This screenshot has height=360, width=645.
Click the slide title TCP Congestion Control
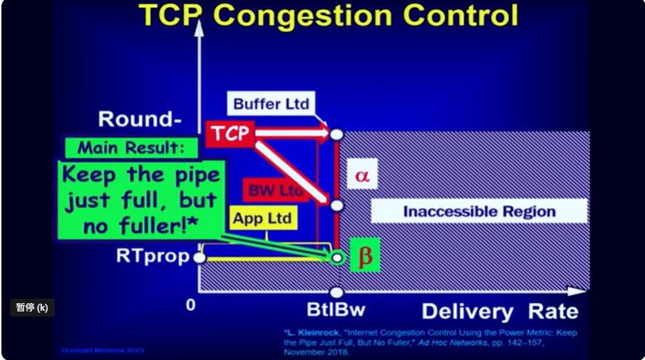(x=328, y=16)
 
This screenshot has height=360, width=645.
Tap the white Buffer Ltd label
(x=271, y=104)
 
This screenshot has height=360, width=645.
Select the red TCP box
(x=229, y=133)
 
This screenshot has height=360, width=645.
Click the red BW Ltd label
(x=275, y=190)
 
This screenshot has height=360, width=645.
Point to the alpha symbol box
(x=362, y=175)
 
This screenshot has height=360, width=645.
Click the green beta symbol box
(x=365, y=256)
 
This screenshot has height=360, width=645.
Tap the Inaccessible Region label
(x=479, y=211)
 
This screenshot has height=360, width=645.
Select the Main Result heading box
(x=130, y=148)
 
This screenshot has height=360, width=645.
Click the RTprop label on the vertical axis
(x=153, y=256)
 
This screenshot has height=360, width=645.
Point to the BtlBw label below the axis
(x=336, y=311)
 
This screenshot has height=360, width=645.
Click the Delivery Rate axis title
(x=500, y=312)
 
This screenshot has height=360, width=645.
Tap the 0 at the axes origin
(x=190, y=305)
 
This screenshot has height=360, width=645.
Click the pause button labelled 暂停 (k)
(x=32, y=308)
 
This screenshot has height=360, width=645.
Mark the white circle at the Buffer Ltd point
(x=336, y=133)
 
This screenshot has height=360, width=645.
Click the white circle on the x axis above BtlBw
(x=336, y=292)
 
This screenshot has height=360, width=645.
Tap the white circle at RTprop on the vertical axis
(x=200, y=257)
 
